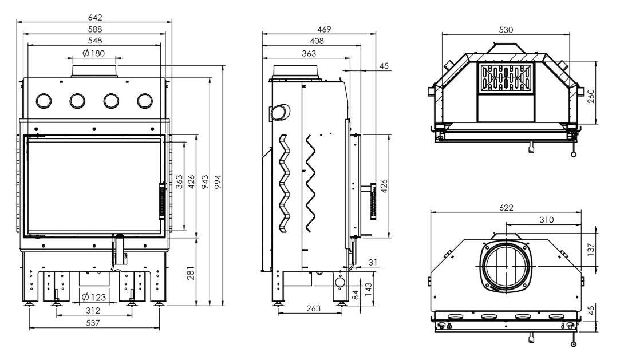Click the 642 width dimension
(95, 17)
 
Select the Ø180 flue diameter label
(94, 53)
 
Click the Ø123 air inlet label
(94, 297)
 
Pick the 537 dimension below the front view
(93, 323)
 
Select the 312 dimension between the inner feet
(93, 311)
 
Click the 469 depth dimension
(324, 29)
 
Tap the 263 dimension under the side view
(313, 308)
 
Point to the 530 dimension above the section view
(506, 30)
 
